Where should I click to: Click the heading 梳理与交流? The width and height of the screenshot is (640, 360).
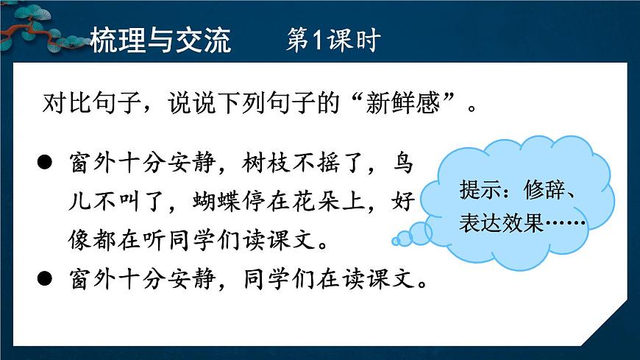coord(160,40)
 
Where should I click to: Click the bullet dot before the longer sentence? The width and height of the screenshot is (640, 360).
coord(45,163)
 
